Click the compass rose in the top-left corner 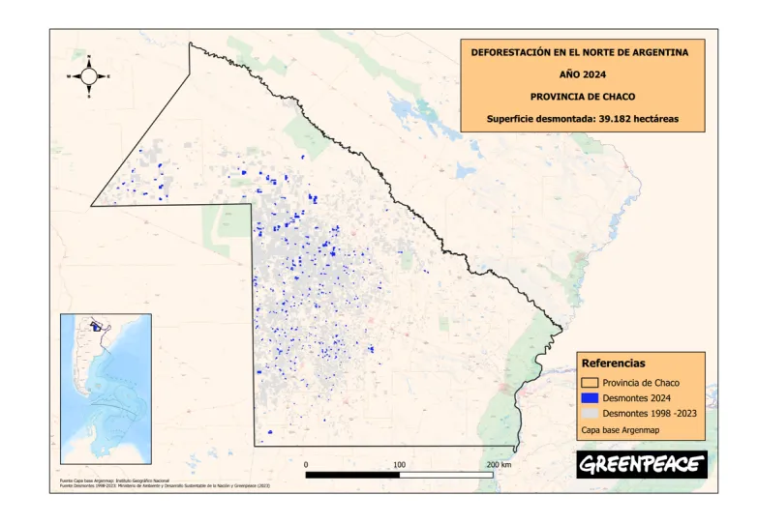coord(88,74)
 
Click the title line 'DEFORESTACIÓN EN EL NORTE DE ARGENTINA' coord(580,52)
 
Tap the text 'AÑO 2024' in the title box coord(580,73)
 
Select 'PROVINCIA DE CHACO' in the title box coord(580,96)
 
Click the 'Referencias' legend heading coord(612,364)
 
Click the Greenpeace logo coord(642,465)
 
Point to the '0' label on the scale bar coord(306,465)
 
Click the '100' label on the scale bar coord(399,465)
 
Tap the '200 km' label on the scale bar coord(498,465)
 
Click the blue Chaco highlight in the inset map coord(97,327)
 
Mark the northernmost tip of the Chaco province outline coord(190,44)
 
